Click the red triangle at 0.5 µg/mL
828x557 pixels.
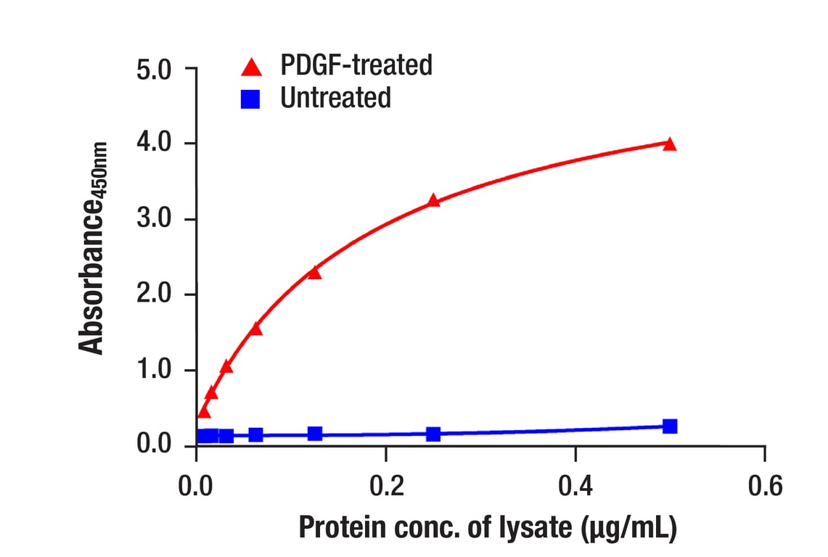pyautogui.click(x=670, y=144)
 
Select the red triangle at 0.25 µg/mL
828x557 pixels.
pyautogui.click(x=433, y=201)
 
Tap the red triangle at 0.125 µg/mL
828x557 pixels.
pyautogui.click(x=314, y=273)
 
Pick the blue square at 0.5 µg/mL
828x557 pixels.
pyautogui.click(x=670, y=426)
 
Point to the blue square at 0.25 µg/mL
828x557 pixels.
pyautogui.click(x=433, y=434)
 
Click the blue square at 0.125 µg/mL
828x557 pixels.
pyautogui.click(x=315, y=434)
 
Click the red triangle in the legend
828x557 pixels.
pyautogui.click(x=251, y=67)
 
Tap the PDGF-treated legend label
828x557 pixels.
pyautogui.click(x=356, y=65)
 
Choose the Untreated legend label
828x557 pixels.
pyautogui.click(x=335, y=97)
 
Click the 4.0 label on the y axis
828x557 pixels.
pyautogui.click(x=153, y=144)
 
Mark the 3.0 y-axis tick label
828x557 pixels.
pyautogui.click(x=153, y=220)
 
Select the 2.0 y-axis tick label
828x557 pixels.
pyautogui.click(x=153, y=295)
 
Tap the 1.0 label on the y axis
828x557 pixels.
pyautogui.click(x=153, y=371)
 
